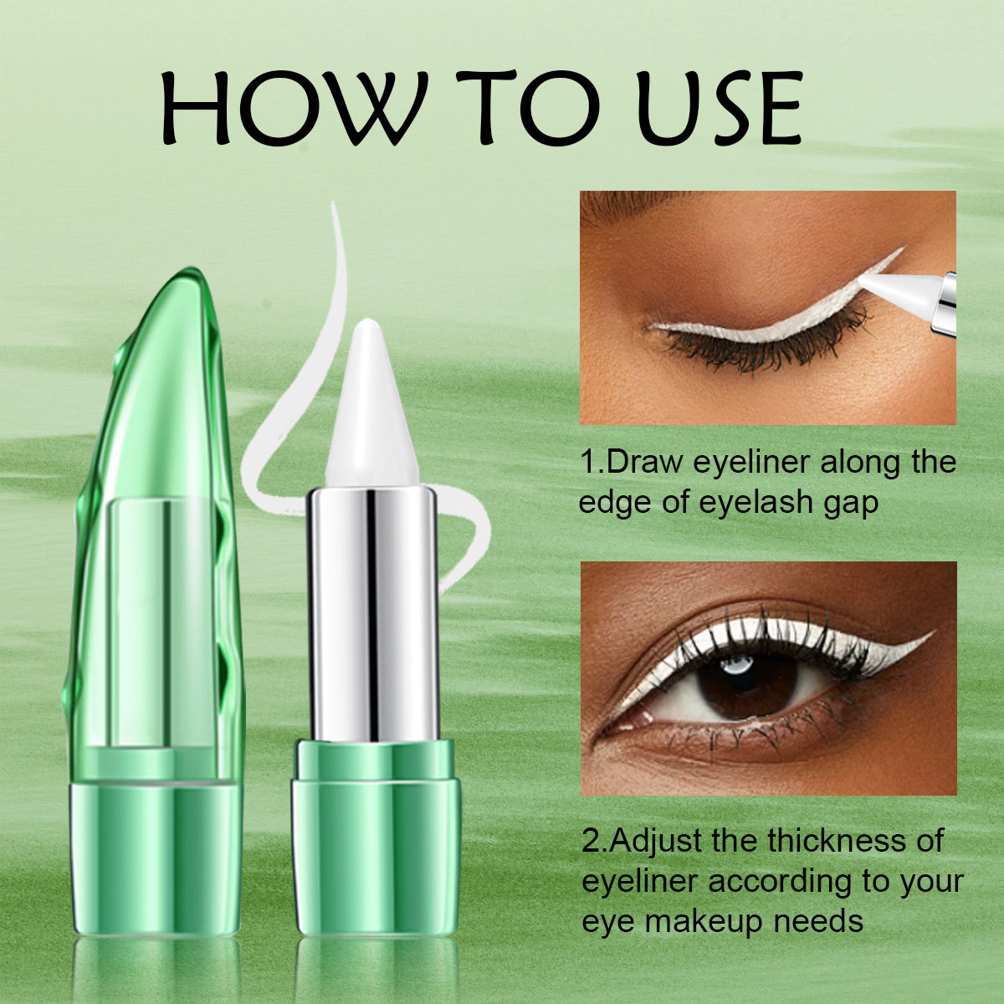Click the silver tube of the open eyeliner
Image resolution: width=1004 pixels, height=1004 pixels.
click(x=371, y=611)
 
